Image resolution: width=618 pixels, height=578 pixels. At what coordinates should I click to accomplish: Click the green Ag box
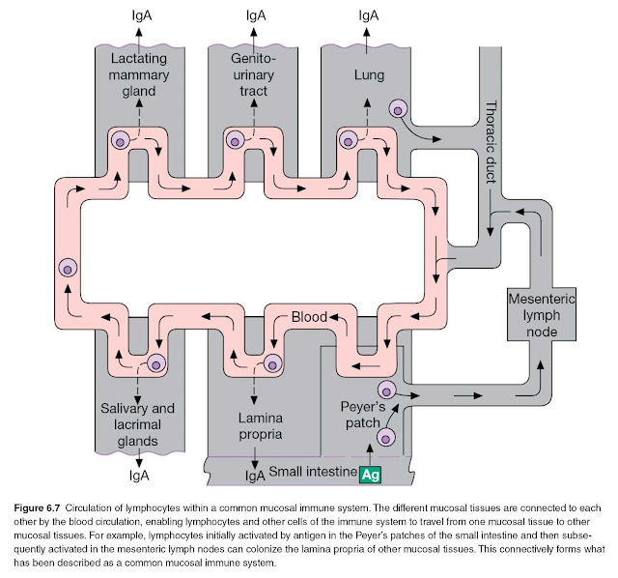click(x=370, y=474)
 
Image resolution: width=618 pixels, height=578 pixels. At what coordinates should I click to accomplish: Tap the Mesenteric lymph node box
click(x=541, y=314)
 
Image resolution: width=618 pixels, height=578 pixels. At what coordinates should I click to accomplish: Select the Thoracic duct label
click(x=491, y=142)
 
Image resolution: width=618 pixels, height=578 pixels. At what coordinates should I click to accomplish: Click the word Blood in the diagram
click(x=309, y=316)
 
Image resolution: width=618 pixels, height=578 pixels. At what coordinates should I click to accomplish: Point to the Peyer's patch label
click(x=362, y=415)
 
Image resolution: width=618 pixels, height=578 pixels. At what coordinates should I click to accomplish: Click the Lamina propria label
click(x=260, y=425)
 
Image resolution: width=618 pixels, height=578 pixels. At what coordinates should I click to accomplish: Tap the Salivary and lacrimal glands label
click(x=137, y=424)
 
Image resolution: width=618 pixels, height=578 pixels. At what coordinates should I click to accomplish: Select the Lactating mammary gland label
click(x=139, y=74)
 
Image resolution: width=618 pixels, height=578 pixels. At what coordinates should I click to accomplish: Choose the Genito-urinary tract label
click(x=253, y=74)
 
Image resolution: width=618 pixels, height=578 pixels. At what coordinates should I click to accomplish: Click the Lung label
click(x=369, y=74)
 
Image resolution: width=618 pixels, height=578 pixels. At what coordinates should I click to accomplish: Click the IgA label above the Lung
click(x=369, y=15)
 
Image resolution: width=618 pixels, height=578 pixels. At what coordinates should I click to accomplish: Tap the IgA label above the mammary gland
click(x=142, y=15)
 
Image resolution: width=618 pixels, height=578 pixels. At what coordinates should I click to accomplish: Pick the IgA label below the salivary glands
click(x=139, y=475)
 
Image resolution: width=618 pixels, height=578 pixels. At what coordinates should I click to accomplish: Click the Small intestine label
click(x=313, y=472)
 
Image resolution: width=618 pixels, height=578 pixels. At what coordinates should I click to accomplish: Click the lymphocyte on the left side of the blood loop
click(x=68, y=269)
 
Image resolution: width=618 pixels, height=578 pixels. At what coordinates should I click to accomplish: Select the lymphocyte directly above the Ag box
click(x=386, y=438)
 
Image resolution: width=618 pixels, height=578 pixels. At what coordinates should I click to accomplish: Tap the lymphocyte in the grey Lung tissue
click(x=398, y=109)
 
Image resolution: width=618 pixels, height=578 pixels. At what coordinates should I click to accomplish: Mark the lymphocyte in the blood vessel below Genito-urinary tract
click(x=235, y=140)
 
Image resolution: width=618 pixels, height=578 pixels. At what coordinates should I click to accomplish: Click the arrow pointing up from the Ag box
click(x=370, y=454)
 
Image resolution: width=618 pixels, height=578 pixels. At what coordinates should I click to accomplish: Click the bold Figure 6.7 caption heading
click(x=37, y=507)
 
